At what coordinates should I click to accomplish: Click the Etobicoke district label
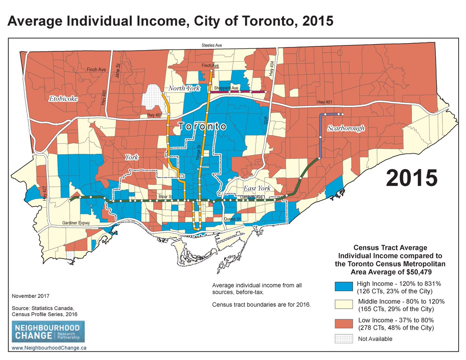click(63, 99)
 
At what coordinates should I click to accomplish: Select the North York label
click(184, 89)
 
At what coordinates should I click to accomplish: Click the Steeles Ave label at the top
click(212, 45)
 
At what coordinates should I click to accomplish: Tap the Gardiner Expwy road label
click(76, 223)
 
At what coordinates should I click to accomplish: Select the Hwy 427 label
click(45, 193)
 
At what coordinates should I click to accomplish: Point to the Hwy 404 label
click(271, 70)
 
